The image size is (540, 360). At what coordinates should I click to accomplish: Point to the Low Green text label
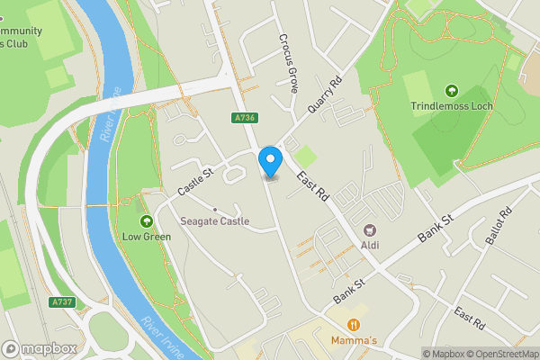[x=146, y=238]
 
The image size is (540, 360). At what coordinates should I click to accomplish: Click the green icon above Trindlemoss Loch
[x=451, y=91]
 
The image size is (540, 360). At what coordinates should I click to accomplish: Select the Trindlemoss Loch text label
[x=451, y=106]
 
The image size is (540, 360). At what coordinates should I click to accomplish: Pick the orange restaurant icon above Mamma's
[x=355, y=325]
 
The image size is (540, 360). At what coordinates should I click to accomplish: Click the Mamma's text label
[x=355, y=340]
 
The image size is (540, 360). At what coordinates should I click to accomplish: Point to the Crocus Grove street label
[x=288, y=64]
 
